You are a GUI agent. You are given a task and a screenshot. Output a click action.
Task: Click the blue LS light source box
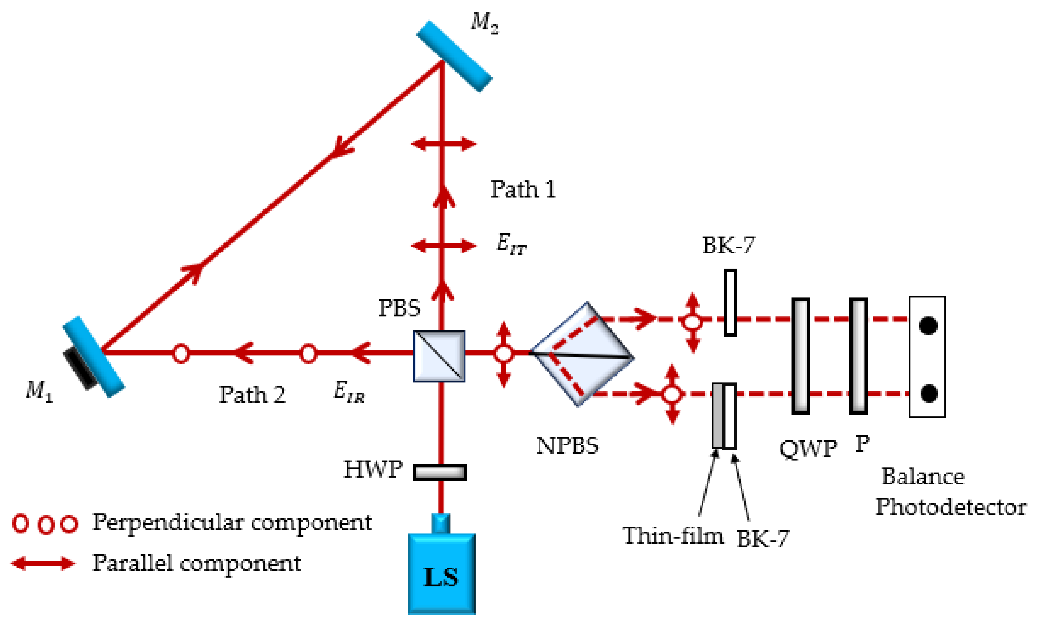(x=441, y=573)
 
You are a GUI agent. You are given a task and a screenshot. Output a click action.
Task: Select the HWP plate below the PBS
(x=440, y=472)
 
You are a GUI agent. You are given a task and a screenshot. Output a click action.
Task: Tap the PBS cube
(x=439, y=356)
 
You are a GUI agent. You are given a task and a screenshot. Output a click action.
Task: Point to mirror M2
(x=454, y=56)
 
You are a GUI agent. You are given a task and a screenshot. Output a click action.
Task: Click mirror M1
(x=94, y=356)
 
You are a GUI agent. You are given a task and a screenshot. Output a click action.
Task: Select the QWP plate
(x=800, y=356)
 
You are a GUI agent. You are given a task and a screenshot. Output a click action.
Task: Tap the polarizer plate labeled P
(x=858, y=356)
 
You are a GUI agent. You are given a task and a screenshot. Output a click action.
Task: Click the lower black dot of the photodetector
(x=928, y=393)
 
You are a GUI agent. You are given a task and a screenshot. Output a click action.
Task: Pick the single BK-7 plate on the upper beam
(x=730, y=303)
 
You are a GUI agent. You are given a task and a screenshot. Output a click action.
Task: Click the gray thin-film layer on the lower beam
(x=717, y=415)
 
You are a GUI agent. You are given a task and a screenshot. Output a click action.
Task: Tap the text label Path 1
(x=523, y=189)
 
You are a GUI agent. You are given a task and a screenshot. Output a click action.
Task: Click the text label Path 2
(x=252, y=395)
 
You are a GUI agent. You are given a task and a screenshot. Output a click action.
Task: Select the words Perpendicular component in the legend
(x=232, y=523)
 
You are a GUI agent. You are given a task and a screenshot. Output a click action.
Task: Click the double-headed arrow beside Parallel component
(x=43, y=563)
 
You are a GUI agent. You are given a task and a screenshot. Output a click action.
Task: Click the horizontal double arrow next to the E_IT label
(x=444, y=246)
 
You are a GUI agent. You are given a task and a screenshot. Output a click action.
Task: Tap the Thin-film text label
(x=673, y=536)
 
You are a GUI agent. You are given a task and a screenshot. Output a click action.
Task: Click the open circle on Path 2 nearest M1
(x=181, y=353)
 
